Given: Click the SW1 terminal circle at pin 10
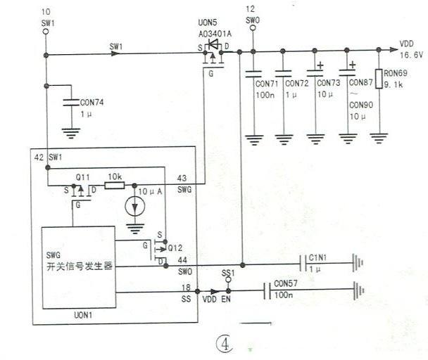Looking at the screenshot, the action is click(46, 32).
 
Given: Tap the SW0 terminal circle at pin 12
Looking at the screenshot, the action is click(253, 28).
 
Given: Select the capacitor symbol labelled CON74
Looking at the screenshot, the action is click(71, 103).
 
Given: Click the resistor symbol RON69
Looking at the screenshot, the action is click(379, 79).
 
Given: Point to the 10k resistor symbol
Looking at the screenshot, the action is click(115, 186).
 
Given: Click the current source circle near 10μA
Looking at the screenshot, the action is click(135, 207).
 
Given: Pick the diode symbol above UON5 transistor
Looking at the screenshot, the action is click(213, 44).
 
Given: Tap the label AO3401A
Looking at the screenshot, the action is click(215, 34).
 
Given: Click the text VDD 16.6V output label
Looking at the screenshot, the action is click(411, 49).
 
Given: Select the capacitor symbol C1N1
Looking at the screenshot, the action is click(303, 264).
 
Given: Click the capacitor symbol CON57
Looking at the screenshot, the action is click(267, 290).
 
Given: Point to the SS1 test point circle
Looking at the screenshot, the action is click(228, 280).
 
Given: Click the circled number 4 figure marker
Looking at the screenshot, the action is click(225, 345).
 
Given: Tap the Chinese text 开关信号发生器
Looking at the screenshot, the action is click(80, 266).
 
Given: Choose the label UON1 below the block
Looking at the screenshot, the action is click(83, 315).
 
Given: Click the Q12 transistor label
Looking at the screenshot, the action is click(175, 248).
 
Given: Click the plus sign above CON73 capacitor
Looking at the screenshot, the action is click(320, 65).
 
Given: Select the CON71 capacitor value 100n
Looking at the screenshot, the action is click(265, 95).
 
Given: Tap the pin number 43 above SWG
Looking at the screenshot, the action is click(182, 179).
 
